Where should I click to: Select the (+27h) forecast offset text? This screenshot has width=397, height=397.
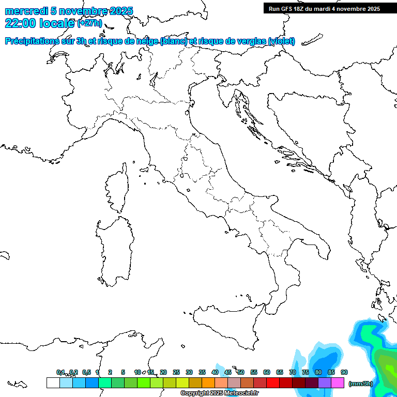pyautogui.click(x=89, y=24)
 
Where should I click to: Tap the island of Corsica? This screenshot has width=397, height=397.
pyautogui.click(x=116, y=189)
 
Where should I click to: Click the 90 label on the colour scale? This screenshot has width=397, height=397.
pyautogui.click(x=344, y=372)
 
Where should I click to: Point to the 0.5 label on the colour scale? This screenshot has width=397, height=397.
pyautogui.click(x=86, y=372)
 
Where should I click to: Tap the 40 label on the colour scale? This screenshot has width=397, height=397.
pyautogui.click(x=215, y=372)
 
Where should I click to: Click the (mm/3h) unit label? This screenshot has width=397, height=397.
pyautogui.click(x=361, y=384)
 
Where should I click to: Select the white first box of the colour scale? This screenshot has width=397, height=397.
pyautogui.click(x=53, y=383)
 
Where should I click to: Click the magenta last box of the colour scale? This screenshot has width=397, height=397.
pyautogui.click(x=338, y=383)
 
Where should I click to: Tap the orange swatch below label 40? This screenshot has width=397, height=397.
pyautogui.click(x=208, y=383)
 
